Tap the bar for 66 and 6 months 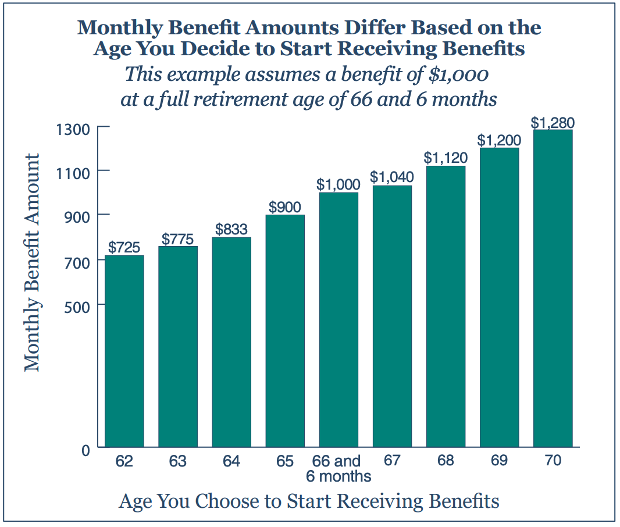(x=338, y=319)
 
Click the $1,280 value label (x=553, y=123)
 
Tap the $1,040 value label (x=392, y=177)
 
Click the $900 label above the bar (x=285, y=207)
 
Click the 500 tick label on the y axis (x=76, y=305)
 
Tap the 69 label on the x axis (x=499, y=461)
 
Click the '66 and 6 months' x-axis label (x=338, y=469)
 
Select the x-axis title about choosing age (x=309, y=501)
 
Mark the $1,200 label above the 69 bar (x=499, y=140)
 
